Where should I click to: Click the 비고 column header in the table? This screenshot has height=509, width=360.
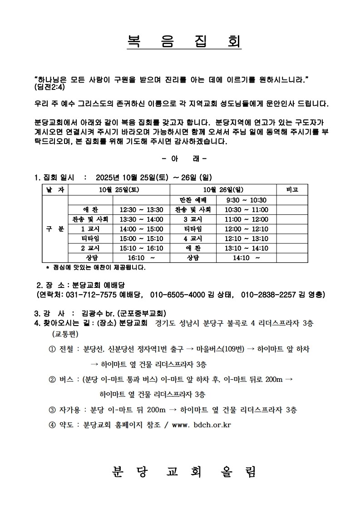[x=291, y=190]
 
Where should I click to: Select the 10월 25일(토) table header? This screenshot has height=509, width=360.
[x=119, y=190]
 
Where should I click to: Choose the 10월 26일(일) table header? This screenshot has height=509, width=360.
[x=223, y=190]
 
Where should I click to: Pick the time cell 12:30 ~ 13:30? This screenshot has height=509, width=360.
[x=141, y=210]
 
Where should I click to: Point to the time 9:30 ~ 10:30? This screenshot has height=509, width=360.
[x=247, y=200]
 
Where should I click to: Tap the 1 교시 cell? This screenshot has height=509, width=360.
[x=90, y=229]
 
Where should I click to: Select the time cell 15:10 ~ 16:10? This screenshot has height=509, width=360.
[x=141, y=248]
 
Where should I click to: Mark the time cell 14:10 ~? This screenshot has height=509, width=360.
[x=247, y=258]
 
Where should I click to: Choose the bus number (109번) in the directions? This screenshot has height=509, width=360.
[x=232, y=349]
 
